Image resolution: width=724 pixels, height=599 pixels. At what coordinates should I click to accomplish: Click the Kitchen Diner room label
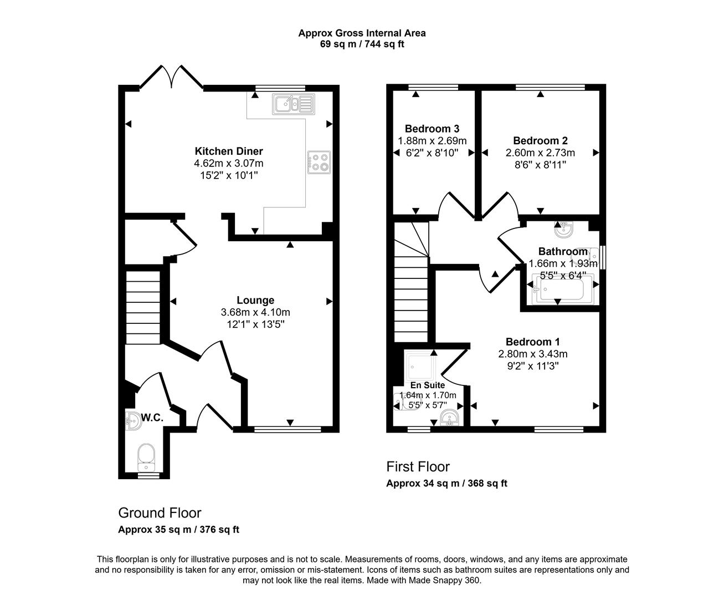coord(228,151)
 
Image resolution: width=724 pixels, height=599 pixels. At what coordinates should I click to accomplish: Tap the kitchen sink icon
coord(293,104)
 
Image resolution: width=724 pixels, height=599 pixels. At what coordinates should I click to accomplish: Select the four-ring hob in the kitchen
coord(319,161)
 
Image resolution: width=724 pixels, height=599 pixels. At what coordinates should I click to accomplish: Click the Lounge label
coord(255,301)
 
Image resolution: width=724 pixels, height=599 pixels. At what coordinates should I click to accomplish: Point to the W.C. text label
coord(152,418)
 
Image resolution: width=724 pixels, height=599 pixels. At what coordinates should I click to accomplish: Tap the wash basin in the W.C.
coord(133,421)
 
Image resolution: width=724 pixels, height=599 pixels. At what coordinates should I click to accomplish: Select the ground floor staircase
coord(143,307)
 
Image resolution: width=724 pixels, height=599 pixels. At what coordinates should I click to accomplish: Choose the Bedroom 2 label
coord(540,141)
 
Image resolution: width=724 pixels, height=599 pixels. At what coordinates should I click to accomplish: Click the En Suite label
coord(428,385)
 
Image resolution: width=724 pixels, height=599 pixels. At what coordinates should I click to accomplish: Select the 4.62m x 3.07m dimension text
coord(228,164)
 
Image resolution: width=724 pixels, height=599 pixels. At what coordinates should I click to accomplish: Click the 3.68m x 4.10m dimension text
coord(255,313)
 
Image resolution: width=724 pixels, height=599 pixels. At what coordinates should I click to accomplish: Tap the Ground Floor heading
coord(160,513)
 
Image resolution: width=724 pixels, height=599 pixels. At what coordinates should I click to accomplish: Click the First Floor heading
coord(418,466)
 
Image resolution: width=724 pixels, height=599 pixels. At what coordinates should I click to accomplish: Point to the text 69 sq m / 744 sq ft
coord(362,44)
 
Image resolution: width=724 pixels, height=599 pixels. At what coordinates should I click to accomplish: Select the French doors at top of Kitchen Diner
coord(172,78)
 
